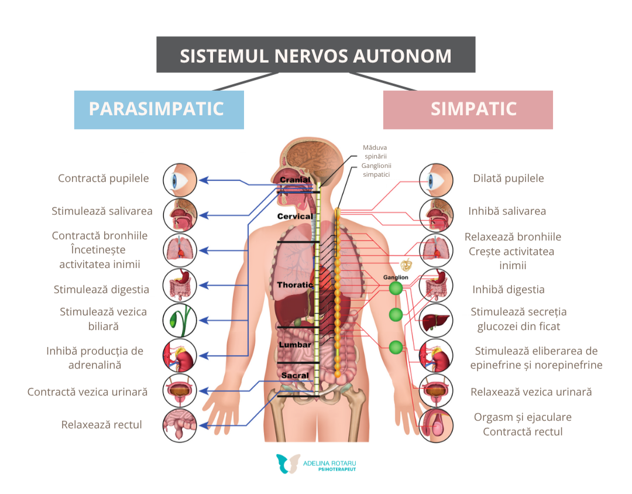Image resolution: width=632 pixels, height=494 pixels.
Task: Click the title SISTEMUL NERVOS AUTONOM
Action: click(x=315, y=56)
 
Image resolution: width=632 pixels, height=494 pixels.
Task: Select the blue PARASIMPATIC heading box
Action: click(x=159, y=109)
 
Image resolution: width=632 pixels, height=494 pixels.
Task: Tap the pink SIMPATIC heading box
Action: click(x=468, y=109)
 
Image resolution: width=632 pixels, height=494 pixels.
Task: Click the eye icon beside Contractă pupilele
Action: click(x=180, y=180)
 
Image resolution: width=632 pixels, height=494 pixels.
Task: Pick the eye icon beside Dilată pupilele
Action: click(x=436, y=180)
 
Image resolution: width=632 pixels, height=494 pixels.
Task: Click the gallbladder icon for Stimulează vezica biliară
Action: click(x=180, y=320)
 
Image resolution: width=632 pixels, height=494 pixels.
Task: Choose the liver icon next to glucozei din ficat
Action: click(x=436, y=320)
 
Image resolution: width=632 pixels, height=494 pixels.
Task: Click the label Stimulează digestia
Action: click(x=101, y=289)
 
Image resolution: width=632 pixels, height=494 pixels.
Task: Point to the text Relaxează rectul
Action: click(x=102, y=424)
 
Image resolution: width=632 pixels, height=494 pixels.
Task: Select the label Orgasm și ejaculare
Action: click(x=523, y=417)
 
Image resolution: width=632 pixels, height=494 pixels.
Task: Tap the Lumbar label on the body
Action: click(x=295, y=345)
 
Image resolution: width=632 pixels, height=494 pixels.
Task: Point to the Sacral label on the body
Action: click(x=294, y=375)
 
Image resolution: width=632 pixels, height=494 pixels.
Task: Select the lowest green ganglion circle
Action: click(x=396, y=347)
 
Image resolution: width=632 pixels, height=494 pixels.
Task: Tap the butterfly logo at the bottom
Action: click(x=288, y=464)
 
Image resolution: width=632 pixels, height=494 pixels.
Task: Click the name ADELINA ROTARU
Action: click(x=329, y=462)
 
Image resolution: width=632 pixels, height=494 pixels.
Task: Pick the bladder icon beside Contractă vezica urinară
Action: click(x=180, y=391)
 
